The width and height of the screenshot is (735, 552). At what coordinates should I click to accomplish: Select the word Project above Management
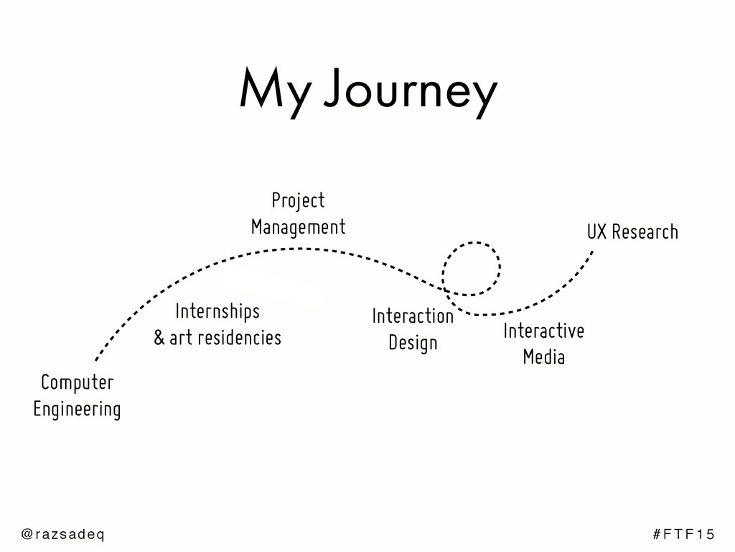tap(298, 201)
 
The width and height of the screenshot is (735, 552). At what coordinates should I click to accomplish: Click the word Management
tap(298, 227)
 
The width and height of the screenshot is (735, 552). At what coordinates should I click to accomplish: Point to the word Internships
tap(217, 312)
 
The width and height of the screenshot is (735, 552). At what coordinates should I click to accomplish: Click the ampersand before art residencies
tap(159, 338)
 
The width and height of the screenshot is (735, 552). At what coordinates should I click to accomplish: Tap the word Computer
tap(77, 382)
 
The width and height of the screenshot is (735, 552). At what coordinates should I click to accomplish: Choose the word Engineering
tap(77, 410)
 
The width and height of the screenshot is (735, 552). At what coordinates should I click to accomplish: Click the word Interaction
tap(413, 316)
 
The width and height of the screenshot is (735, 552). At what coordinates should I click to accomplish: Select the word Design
tap(413, 343)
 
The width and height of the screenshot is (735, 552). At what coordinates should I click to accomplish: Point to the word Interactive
tap(543, 331)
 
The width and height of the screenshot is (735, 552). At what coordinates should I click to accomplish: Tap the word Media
tap(543, 356)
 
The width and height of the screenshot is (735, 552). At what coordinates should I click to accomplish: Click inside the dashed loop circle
tap(472, 268)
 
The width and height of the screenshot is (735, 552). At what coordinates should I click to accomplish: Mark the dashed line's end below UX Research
tap(593, 251)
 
